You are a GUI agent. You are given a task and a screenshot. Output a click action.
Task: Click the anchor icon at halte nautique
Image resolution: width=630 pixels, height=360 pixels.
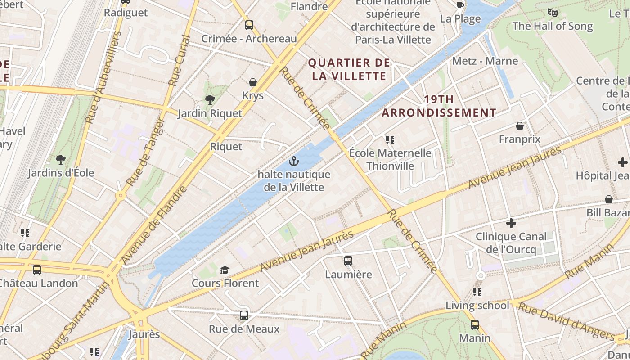coord(294,161)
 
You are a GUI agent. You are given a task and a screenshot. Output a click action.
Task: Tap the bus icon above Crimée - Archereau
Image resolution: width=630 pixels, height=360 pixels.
coord(249,25)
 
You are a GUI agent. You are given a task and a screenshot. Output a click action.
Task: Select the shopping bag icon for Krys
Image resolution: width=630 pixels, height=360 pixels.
coord(253,82)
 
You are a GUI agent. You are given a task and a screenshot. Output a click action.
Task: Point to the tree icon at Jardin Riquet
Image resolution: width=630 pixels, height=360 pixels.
coord(210,100)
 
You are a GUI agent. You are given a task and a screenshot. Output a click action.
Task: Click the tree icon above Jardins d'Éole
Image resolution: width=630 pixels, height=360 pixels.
coord(61,159)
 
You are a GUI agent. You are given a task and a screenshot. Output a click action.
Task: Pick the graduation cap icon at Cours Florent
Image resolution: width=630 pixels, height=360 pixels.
coord(225,270)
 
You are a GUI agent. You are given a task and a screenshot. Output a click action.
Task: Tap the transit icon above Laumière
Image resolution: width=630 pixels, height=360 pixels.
coord(348,261)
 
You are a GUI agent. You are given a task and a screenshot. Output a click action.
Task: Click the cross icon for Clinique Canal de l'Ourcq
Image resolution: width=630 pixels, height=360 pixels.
coord(511,223)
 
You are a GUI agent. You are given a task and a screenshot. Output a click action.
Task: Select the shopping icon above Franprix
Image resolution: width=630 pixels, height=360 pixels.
coord(520,126)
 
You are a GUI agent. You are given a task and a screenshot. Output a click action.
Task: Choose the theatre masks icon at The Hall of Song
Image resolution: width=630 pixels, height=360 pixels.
coord(553,13)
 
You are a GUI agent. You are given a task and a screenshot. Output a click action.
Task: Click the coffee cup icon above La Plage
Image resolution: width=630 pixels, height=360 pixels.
coord(460,6)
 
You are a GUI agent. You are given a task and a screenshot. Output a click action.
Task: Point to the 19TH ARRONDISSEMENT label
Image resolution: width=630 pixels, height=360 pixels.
coord(439,106)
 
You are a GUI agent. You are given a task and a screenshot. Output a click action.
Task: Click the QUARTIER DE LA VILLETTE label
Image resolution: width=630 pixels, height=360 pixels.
coord(349,69)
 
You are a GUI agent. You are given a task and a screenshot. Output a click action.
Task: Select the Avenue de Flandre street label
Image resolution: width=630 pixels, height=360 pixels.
coord(154,225)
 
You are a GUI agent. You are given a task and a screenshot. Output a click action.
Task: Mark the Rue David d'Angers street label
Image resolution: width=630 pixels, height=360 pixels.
coord(566,321)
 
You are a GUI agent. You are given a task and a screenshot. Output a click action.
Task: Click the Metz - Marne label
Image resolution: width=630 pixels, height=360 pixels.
coord(485,61)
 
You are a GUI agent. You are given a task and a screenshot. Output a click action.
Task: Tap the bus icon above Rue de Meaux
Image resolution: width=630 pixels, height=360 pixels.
coord(244,315)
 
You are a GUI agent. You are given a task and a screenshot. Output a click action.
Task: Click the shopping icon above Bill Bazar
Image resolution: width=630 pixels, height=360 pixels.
coord(609,199)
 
